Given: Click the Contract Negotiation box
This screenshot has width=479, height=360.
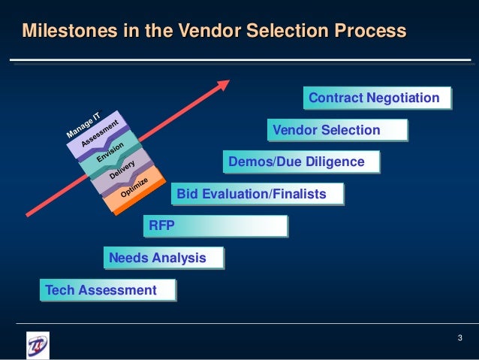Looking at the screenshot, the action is click(378, 98).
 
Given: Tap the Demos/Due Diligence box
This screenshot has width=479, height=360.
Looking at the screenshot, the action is click(300, 162).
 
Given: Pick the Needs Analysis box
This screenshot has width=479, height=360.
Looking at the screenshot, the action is click(164, 259).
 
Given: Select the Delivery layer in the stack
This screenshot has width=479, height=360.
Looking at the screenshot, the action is click(122, 171).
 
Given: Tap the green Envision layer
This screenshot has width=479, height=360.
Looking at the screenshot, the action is click(110, 154).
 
